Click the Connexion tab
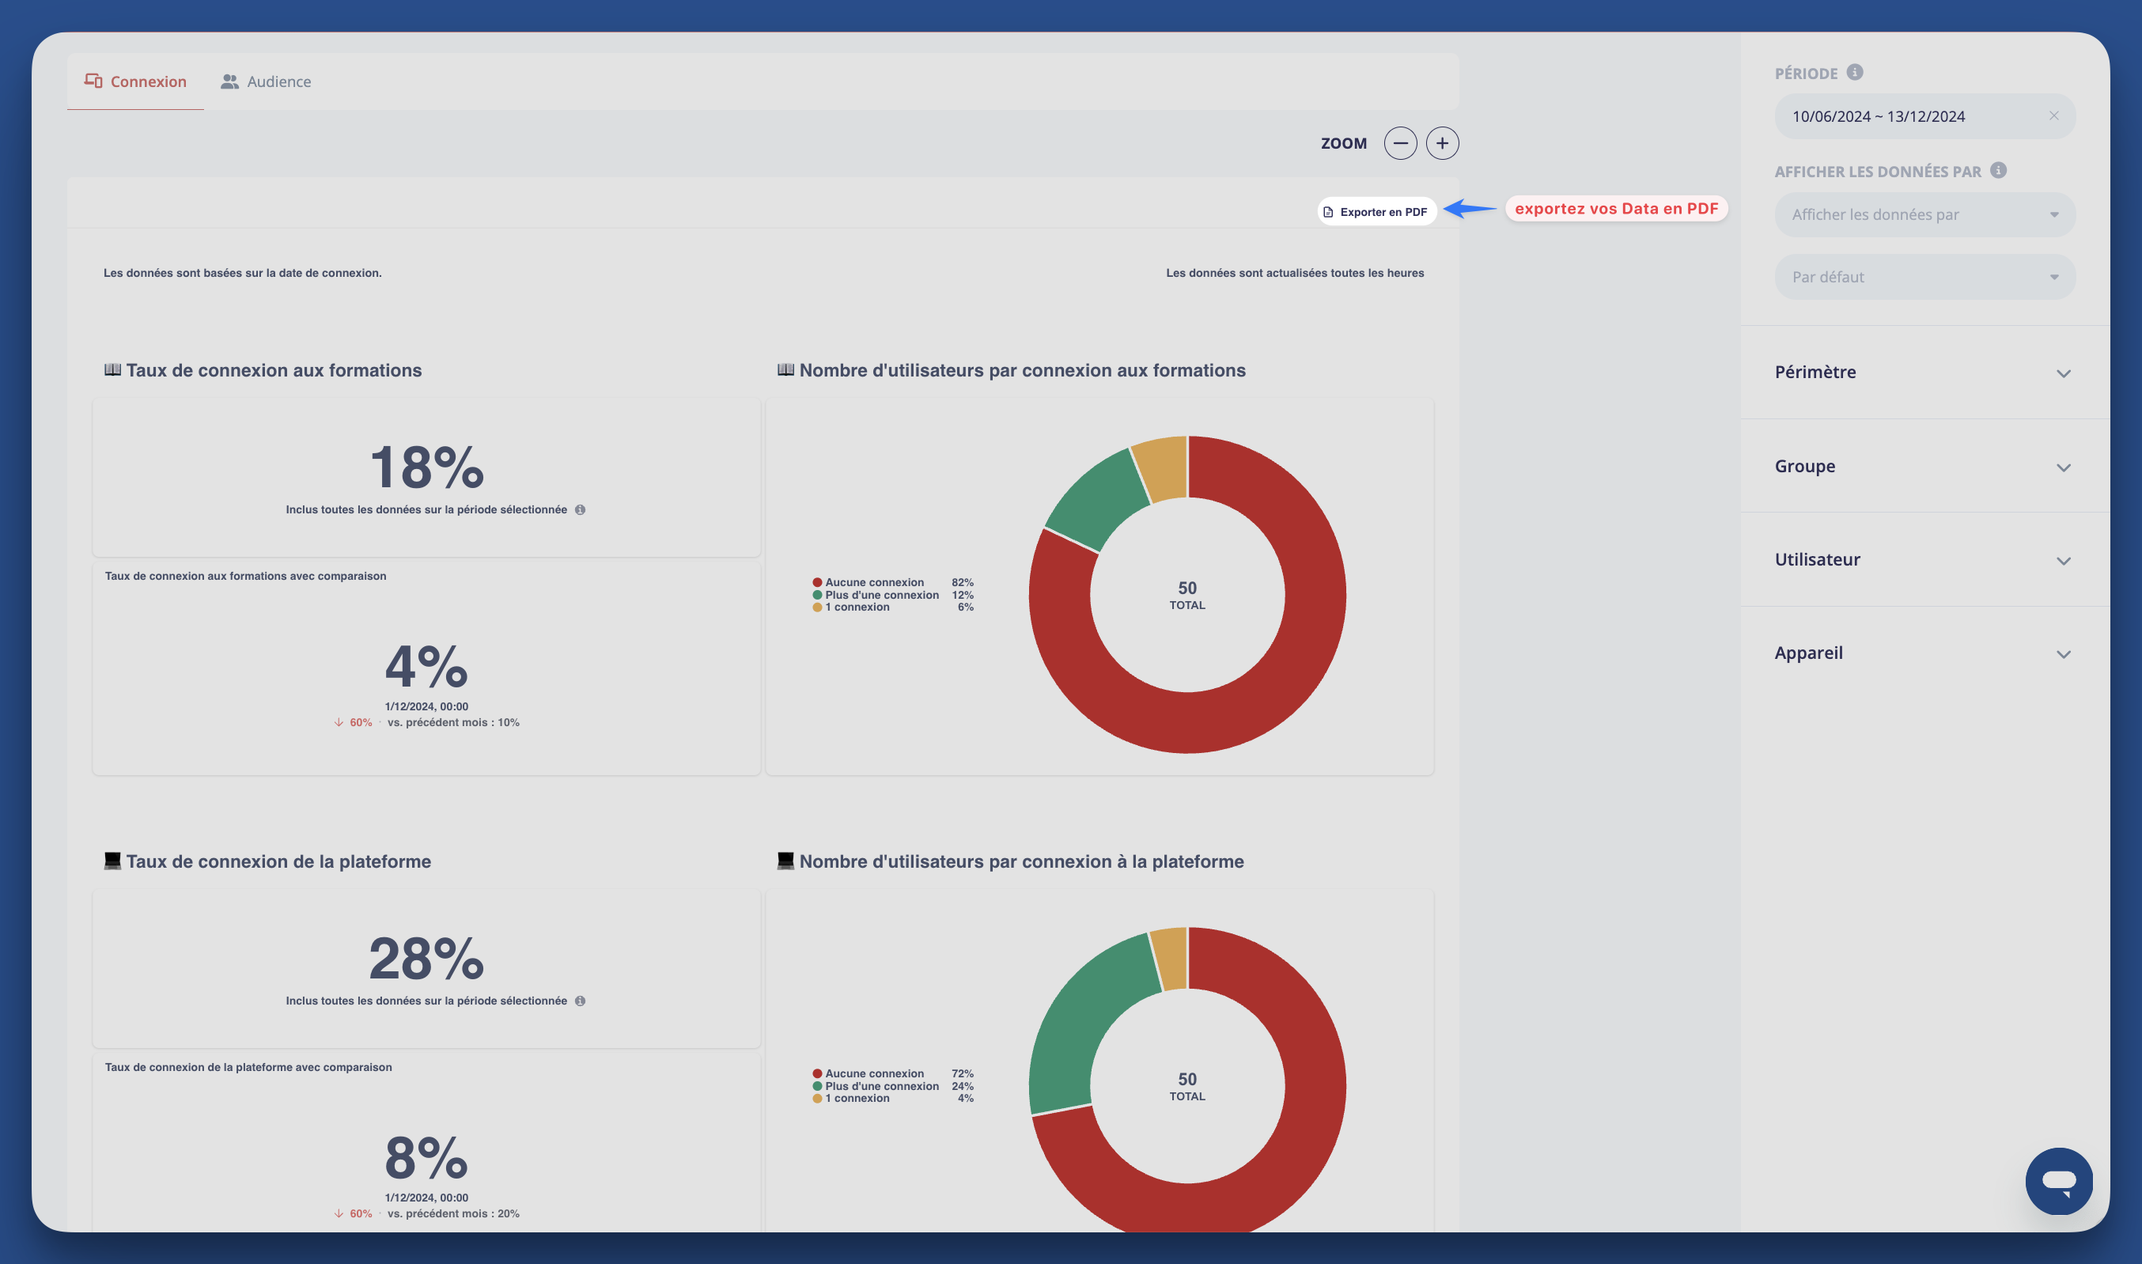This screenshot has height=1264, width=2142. pos(135,81)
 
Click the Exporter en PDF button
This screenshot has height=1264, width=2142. pos(1376,211)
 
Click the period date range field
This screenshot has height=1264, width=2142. pos(1908,117)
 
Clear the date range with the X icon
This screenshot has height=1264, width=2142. pos(2053,115)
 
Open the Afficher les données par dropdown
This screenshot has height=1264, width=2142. pos(1924,214)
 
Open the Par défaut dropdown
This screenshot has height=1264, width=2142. pos(1924,277)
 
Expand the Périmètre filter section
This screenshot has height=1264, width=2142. pos(1924,373)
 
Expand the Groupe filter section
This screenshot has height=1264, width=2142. pos(1924,466)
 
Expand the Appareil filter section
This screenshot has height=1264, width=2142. pos(1924,653)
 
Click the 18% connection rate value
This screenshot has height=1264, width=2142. pos(426,467)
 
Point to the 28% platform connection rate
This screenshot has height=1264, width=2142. pos(426,959)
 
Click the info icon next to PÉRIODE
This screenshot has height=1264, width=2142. pos(1854,73)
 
